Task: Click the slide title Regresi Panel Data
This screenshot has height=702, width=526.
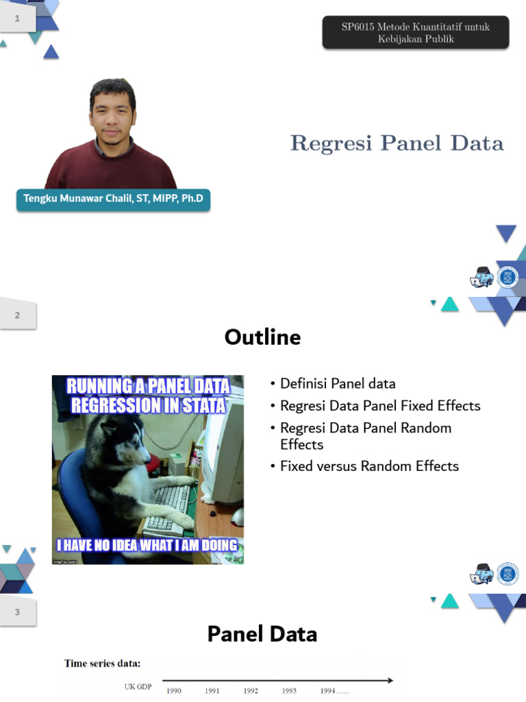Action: coord(397,143)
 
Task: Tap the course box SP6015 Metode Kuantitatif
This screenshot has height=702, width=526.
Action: coord(416,32)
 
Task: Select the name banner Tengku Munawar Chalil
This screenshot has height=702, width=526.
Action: coord(113,199)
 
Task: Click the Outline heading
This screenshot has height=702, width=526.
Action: coord(262,337)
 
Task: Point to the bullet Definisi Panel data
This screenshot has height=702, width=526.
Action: coord(338,384)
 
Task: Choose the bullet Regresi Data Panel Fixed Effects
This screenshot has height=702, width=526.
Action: coord(380,406)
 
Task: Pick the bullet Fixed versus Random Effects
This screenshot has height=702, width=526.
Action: coord(369,466)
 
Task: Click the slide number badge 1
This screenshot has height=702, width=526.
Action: coord(18,19)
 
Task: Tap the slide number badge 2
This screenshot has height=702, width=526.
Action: coord(18,315)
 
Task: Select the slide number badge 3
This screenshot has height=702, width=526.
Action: coord(18,612)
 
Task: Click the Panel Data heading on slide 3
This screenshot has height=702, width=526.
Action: coord(262,634)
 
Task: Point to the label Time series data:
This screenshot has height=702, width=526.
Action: coord(103,664)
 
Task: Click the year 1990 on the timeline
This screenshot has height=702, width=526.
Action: coord(174,691)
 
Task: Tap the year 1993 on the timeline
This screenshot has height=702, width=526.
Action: coord(289,691)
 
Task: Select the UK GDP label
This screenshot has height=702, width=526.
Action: coord(138,686)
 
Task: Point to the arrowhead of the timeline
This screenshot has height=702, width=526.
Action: coord(390,681)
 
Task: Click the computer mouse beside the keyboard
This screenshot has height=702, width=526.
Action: coord(236,516)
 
